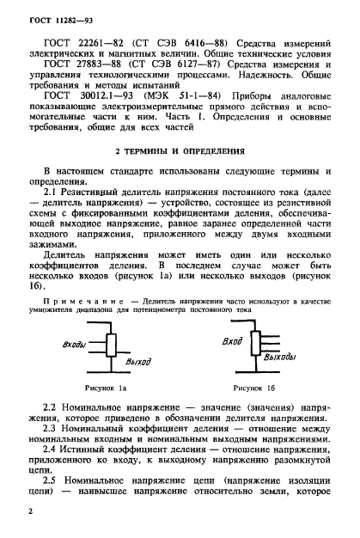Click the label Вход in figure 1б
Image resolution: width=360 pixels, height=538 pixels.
[x=231, y=342]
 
